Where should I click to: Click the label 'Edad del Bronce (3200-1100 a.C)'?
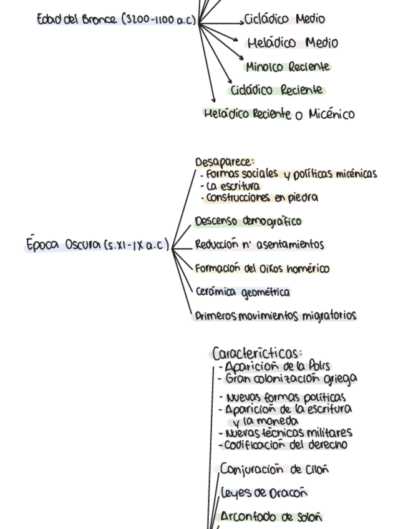[x=117, y=20]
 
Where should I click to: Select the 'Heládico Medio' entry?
[x=293, y=43]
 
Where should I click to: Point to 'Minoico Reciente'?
[x=288, y=67]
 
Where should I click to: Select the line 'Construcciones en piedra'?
[x=260, y=198]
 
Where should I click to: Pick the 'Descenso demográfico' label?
[x=248, y=221]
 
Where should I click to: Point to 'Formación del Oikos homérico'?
[x=262, y=269]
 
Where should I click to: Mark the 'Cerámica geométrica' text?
[x=243, y=292]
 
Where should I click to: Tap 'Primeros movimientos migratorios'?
[x=275, y=316]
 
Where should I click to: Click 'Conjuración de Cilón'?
[x=275, y=469]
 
